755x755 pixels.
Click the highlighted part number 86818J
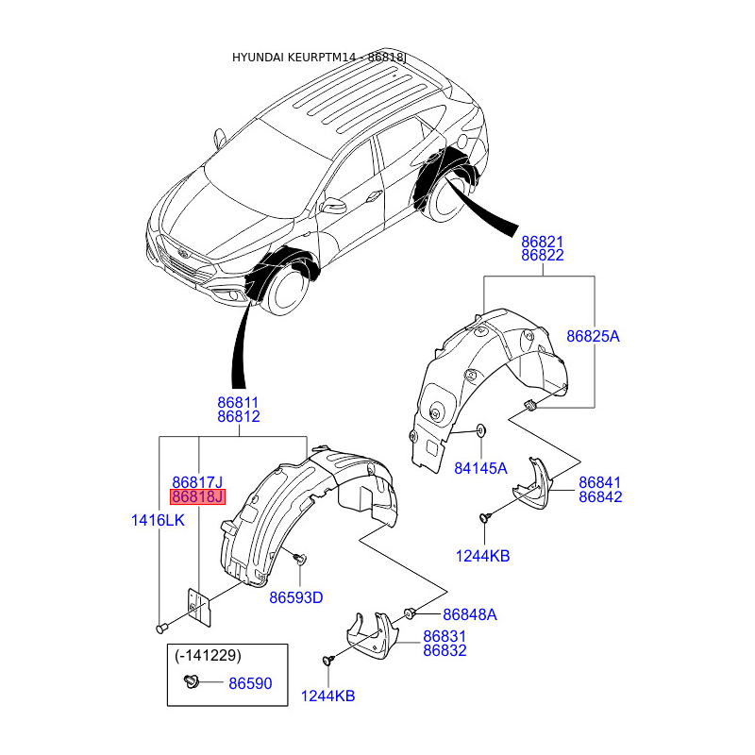click(197, 496)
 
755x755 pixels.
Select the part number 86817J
click(197, 482)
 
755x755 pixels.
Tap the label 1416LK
click(158, 520)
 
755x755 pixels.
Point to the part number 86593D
click(296, 597)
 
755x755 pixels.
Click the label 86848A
click(469, 614)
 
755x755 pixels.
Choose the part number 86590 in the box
click(250, 683)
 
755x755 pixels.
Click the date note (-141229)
click(208, 655)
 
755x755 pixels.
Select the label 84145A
click(480, 468)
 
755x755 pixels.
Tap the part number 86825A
click(593, 336)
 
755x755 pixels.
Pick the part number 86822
click(542, 255)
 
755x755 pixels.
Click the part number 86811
click(238, 402)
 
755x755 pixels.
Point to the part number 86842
click(600, 496)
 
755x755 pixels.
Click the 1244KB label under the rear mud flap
click(482, 556)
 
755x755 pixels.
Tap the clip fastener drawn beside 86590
click(193, 681)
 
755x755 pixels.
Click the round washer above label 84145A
click(481, 430)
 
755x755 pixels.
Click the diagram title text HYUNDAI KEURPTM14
click(294, 58)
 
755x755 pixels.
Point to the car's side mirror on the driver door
click(333, 206)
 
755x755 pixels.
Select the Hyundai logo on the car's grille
click(182, 254)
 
